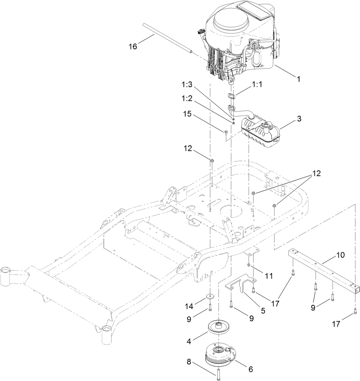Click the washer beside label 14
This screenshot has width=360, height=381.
pos(210,297)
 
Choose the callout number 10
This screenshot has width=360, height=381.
pos(340,255)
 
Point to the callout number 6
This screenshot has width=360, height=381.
pos(250,370)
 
